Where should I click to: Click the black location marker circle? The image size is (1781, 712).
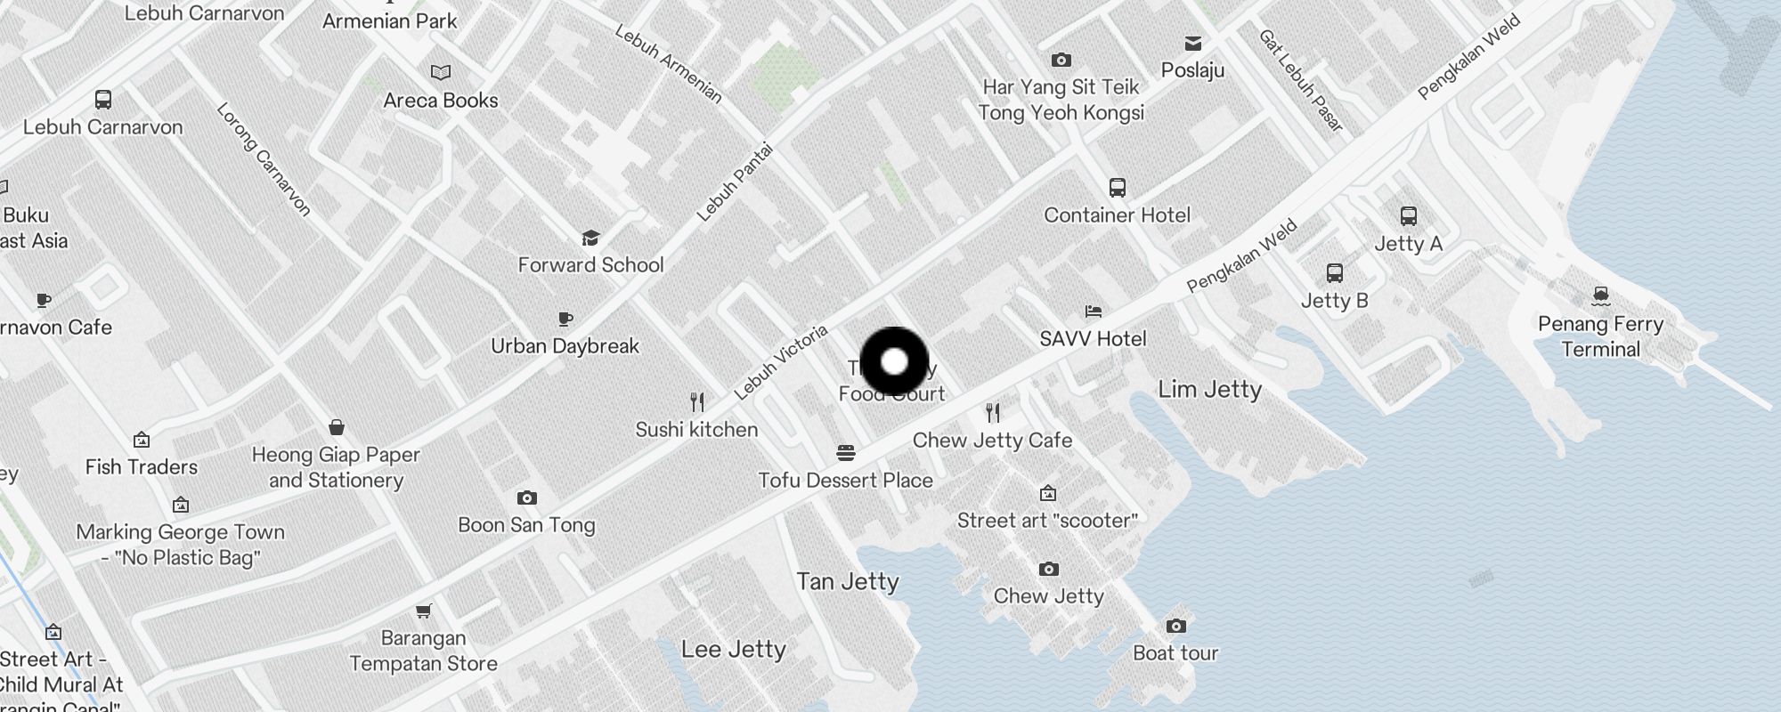click(x=894, y=362)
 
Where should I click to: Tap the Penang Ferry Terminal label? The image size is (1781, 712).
click(x=1600, y=336)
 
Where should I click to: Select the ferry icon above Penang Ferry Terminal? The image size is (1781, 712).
click(x=1600, y=295)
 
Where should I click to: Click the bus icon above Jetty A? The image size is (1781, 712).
click(x=1408, y=216)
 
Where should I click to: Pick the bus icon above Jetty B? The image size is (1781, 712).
click(x=1334, y=272)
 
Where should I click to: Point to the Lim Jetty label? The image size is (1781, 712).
click(x=1209, y=389)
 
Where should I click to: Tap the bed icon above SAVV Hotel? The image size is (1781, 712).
click(x=1094, y=311)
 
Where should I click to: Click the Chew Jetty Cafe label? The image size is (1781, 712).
click(x=992, y=440)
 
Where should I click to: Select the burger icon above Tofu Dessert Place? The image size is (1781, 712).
click(x=845, y=453)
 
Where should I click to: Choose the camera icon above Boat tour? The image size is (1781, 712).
click(x=1175, y=626)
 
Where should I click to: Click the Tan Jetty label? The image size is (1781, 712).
click(x=848, y=581)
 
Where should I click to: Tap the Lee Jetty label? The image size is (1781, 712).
click(x=733, y=649)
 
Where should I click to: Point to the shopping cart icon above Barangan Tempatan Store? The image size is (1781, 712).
click(x=424, y=611)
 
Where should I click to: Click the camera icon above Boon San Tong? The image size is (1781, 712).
click(x=526, y=498)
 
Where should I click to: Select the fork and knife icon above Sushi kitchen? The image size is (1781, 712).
click(x=697, y=402)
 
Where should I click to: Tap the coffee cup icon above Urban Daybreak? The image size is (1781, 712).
click(x=565, y=319)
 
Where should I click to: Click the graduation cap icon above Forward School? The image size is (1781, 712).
click(x=590, y=238)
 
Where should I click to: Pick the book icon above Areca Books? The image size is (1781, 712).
click(x=441, y=72)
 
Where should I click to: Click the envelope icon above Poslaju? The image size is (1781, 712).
click(x=1192, y=43)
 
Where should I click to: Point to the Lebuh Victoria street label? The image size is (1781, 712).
click(x=781, y=361)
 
